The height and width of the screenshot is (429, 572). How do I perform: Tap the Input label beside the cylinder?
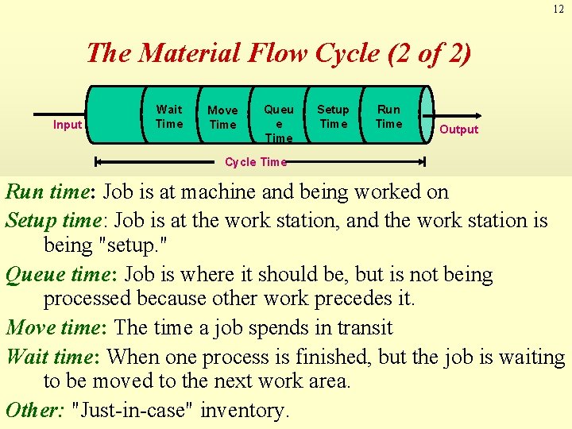68,125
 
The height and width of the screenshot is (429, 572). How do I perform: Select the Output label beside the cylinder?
459,129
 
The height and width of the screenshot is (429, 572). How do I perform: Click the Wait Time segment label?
169,116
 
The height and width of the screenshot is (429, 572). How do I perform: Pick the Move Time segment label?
222,118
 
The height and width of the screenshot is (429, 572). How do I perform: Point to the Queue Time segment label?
279,123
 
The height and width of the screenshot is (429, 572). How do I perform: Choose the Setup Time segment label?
333,116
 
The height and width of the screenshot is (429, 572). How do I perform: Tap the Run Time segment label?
388,116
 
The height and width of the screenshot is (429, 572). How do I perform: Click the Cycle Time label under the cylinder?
255,162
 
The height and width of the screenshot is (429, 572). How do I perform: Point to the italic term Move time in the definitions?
56,328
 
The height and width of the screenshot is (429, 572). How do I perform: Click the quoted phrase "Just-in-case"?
133,410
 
